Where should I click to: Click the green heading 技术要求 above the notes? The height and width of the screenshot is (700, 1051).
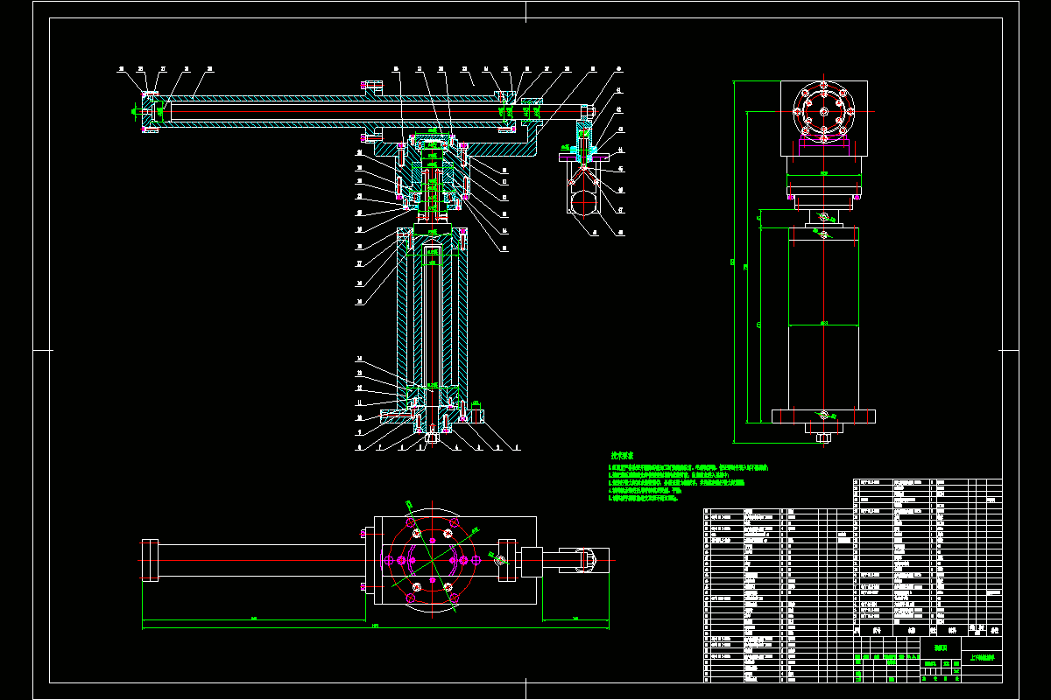point(622,456)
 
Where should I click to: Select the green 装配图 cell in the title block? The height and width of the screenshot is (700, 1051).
point(942,648)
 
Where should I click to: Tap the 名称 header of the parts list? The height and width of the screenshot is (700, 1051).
point(912,629)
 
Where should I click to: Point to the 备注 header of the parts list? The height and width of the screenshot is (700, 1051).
point(994,629)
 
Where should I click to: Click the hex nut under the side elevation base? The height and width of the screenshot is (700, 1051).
point(822,437)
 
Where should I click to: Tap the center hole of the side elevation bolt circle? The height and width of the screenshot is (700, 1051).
point(823,109)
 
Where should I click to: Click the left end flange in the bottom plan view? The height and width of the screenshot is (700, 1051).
point(149,560)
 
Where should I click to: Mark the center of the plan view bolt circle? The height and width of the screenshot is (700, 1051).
point(428,560)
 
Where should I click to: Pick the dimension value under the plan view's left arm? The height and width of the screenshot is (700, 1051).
point(254,619)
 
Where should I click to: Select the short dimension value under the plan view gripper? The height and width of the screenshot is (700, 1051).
point(575,619)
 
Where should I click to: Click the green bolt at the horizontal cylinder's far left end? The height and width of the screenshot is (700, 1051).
point(134,111)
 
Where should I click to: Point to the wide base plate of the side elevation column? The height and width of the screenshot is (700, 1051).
point(822,415)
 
